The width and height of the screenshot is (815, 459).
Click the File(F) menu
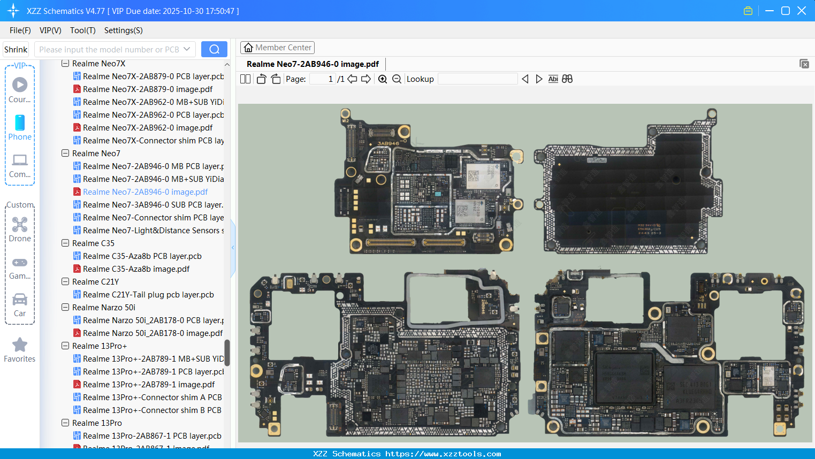(x=20, y=30)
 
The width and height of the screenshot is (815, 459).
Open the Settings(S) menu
(x=123, y=30)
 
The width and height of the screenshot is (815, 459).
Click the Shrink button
(x=16, y=50)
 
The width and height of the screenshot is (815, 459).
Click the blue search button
(x=214, y=49)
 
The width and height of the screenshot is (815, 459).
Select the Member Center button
(x=277, y=48)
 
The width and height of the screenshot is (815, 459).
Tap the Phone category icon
(x=20, y=123)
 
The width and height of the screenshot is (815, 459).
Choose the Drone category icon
(x=20, y=225)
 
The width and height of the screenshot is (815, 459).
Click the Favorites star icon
(x=20, y=345)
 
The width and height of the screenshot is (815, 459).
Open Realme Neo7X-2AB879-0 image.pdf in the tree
(x=148, y=89)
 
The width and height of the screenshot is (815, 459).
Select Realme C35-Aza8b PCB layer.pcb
(x=142, y=256)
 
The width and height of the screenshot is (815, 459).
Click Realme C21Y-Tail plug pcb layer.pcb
(x=148, y=295)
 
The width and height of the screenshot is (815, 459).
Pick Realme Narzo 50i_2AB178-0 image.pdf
(x=153, y=333)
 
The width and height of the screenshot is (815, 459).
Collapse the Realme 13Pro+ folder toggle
(x=65, y=346)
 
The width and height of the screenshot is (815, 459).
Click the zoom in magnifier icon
(x=383, y=79)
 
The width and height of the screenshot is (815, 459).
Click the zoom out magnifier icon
(x=397, y=79)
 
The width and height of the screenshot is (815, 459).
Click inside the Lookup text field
(x=477, y=79)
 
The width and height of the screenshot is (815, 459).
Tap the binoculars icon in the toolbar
(x=567, y=79)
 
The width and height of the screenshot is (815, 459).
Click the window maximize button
(x=786, y=11)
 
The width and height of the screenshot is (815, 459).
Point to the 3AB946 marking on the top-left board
(x=388, y=143)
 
